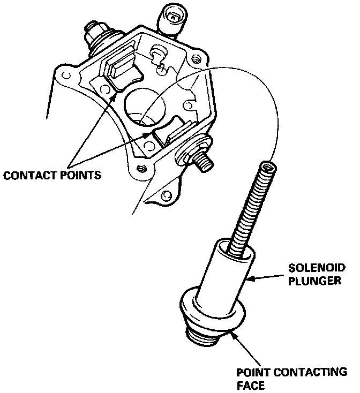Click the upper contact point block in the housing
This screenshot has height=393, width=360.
[x=121, y=64]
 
